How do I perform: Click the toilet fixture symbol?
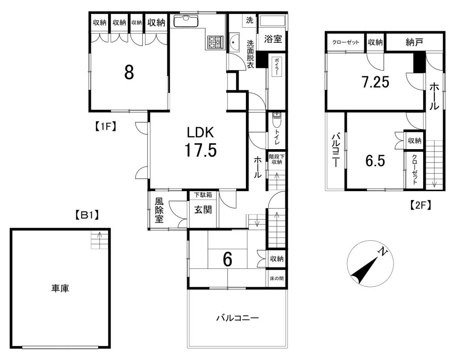(276, 120)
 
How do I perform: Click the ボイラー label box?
(277, 67)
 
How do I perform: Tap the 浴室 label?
(273, 39)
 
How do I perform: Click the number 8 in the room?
(129, 72)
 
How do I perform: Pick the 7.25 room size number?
(375, 82)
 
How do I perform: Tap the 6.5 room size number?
(375, 161)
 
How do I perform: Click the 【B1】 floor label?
(86, 216)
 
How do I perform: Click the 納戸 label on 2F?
(414, 42)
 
